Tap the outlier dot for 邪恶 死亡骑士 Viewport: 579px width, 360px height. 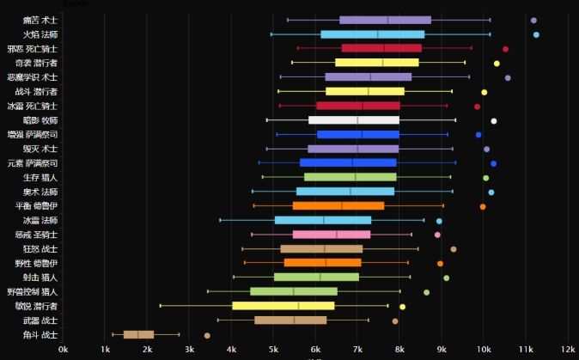505,49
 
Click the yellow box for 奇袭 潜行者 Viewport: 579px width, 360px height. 376,63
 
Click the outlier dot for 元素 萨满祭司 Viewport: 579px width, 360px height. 493,163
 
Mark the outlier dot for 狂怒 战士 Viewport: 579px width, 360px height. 454,249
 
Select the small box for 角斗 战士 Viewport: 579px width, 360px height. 138,335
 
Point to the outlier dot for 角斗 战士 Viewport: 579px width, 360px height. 207,335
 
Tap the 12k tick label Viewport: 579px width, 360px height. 568,350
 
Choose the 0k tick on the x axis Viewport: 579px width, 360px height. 63,350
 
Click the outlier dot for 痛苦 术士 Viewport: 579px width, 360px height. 533,20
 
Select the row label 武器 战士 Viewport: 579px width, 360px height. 40,320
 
